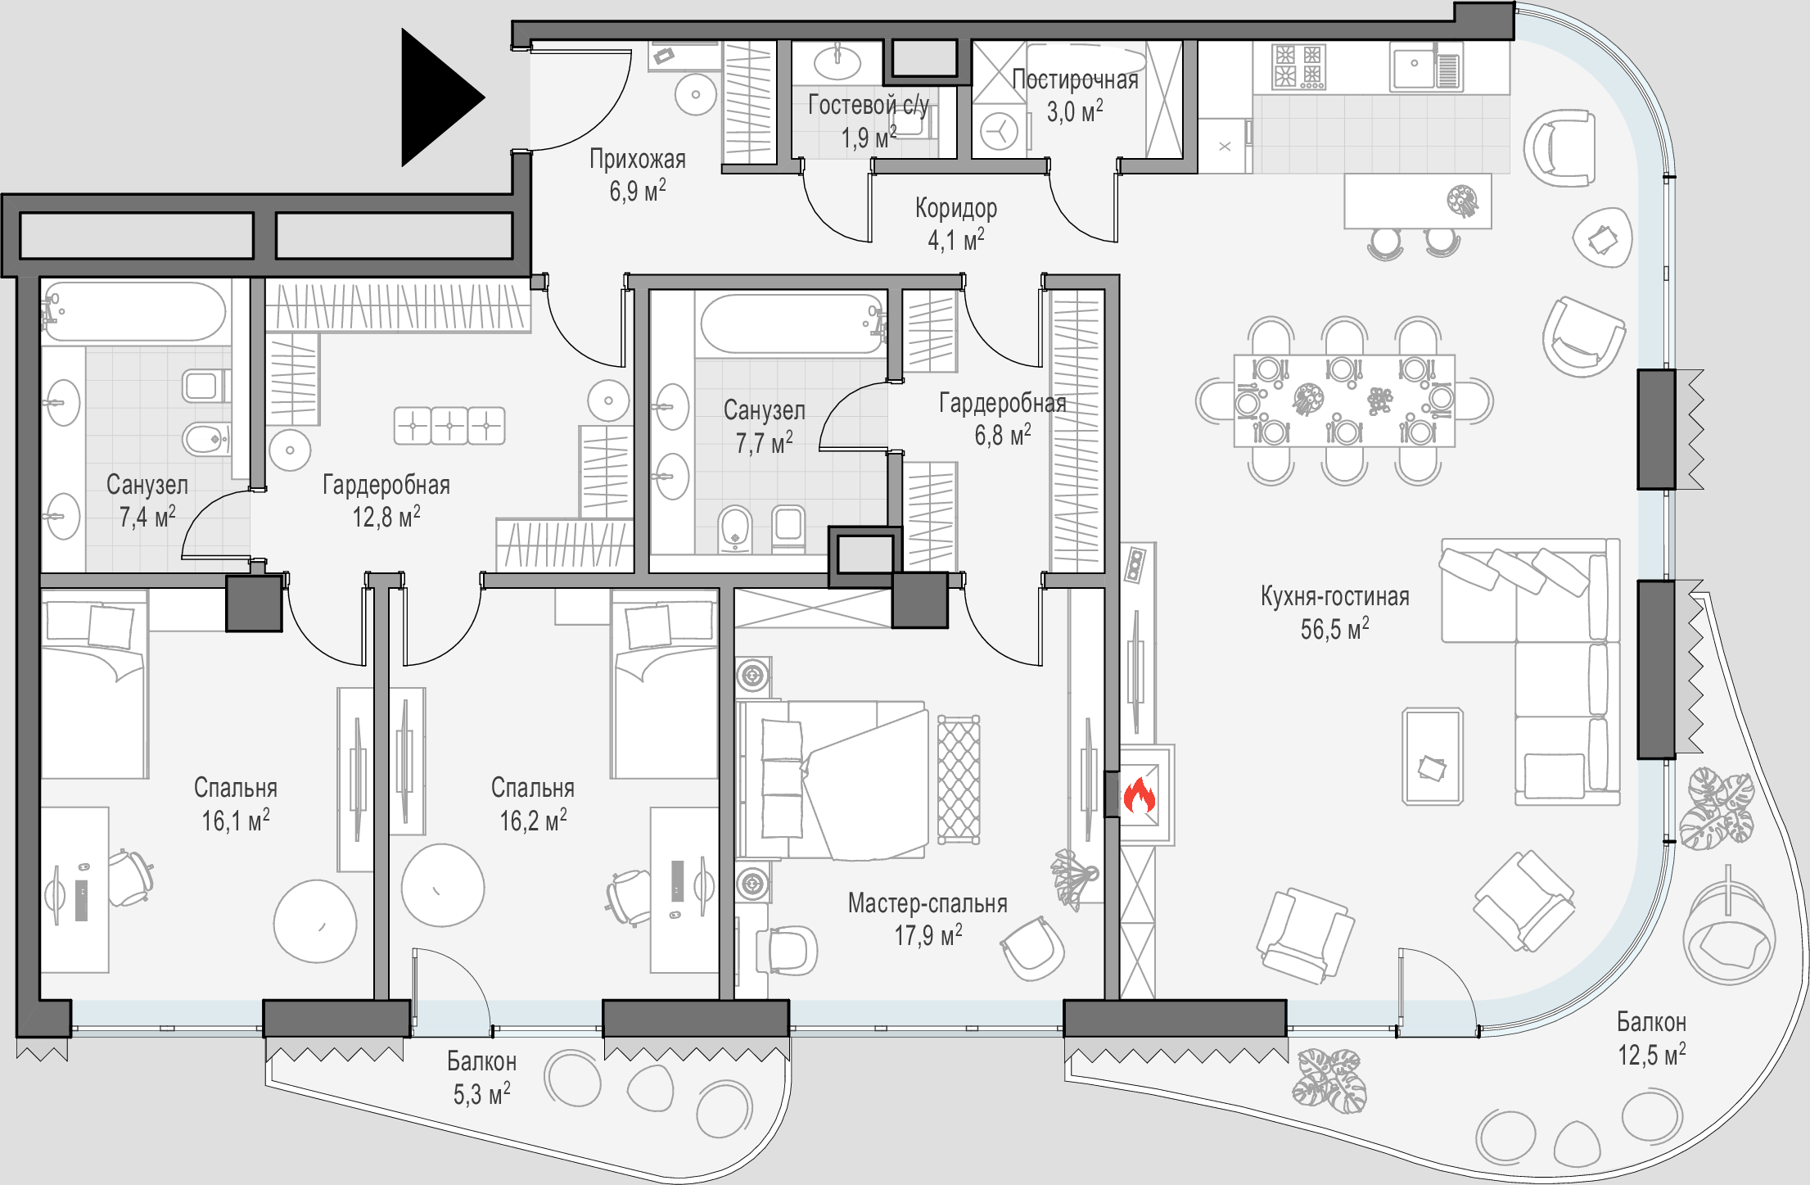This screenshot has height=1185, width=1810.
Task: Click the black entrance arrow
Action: click(x=438, y=97)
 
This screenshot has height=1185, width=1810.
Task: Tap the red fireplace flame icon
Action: click(x=1139, y=795)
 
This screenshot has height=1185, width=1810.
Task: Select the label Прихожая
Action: click(x=638, y=159)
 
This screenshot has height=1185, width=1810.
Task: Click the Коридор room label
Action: click(x=956, y=208)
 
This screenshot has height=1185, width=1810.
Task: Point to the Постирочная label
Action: click(x=1075, y=79)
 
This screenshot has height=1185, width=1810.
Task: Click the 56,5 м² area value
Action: click(x=1334, y=630)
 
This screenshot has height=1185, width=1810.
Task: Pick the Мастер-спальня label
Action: click(x=928, y=903)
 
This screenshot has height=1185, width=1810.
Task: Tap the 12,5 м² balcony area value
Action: click(x=1651, y=1056)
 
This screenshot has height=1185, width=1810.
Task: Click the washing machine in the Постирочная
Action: click(x=999, y=130)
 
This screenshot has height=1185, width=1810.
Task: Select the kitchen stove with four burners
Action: click(x=1298, y=66)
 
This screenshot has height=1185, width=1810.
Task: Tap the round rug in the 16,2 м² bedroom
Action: click(x=443, y=885)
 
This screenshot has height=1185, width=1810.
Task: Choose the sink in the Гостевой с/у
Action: click(x=837, y=61)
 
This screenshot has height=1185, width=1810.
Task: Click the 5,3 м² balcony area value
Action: click(x=481, y=1094)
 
